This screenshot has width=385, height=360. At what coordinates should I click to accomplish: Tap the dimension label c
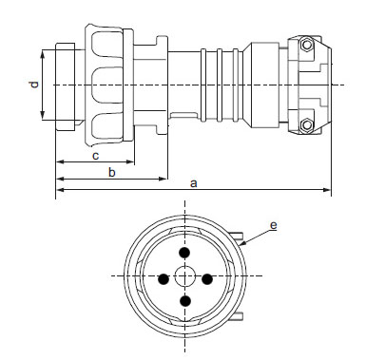click(94, 155)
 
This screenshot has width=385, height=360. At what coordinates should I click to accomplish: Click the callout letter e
click(273, 225)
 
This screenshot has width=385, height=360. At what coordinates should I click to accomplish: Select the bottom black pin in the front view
click(184, 301)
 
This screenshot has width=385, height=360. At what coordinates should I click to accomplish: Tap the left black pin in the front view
click(164, 279)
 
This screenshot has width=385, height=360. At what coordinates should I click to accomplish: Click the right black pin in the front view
click(207, 279)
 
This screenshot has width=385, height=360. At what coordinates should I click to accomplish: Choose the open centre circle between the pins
click(184, 277)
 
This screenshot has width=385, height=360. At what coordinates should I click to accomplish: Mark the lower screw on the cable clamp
click(306, 125)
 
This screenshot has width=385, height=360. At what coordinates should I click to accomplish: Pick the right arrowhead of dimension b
click(163, 179)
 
